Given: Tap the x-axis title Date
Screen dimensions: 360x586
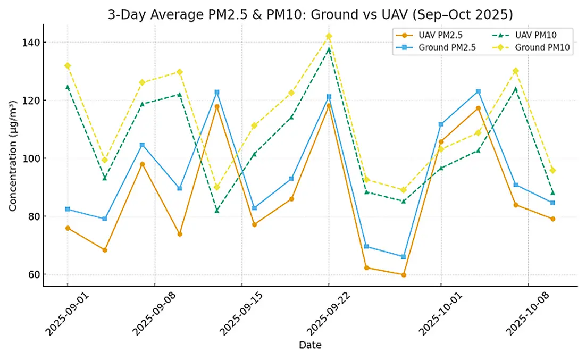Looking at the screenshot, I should point(310,345).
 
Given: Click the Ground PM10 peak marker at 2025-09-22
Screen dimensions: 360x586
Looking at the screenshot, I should point(329,36).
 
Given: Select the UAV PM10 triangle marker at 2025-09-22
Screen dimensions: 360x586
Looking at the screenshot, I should point(329,49).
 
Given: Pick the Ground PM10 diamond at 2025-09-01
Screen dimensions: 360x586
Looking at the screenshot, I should point(68,65).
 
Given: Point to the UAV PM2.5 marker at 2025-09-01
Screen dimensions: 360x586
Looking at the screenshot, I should point(68,228).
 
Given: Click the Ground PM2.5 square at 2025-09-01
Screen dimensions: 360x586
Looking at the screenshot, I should point(68,209).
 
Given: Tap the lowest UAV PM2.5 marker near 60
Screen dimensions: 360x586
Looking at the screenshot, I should point(404,275).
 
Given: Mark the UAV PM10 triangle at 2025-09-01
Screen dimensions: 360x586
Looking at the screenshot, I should point(68,87).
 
